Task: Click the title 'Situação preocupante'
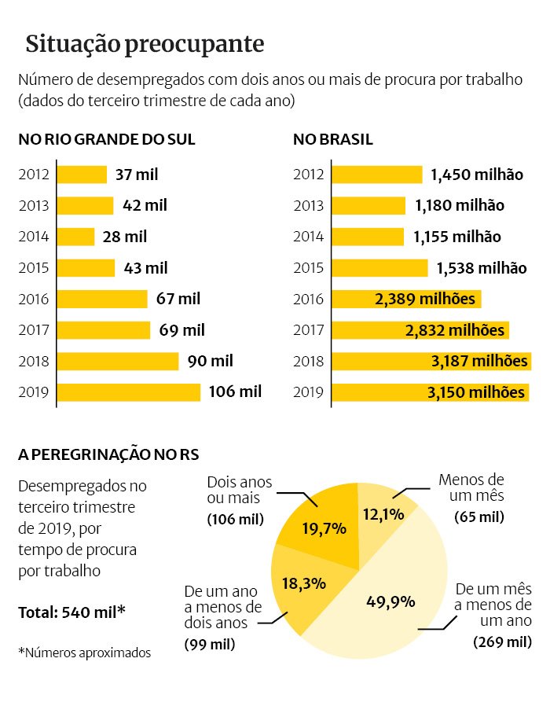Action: coord(144,43)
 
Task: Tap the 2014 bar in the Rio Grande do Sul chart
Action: coord(76,237)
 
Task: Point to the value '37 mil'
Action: coord(137,175)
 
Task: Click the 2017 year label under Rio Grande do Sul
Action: coord(34,330)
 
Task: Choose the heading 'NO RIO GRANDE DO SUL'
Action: coord(107,140)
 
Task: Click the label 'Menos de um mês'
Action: coord(471,488)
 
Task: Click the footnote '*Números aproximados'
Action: coord(84,652)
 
